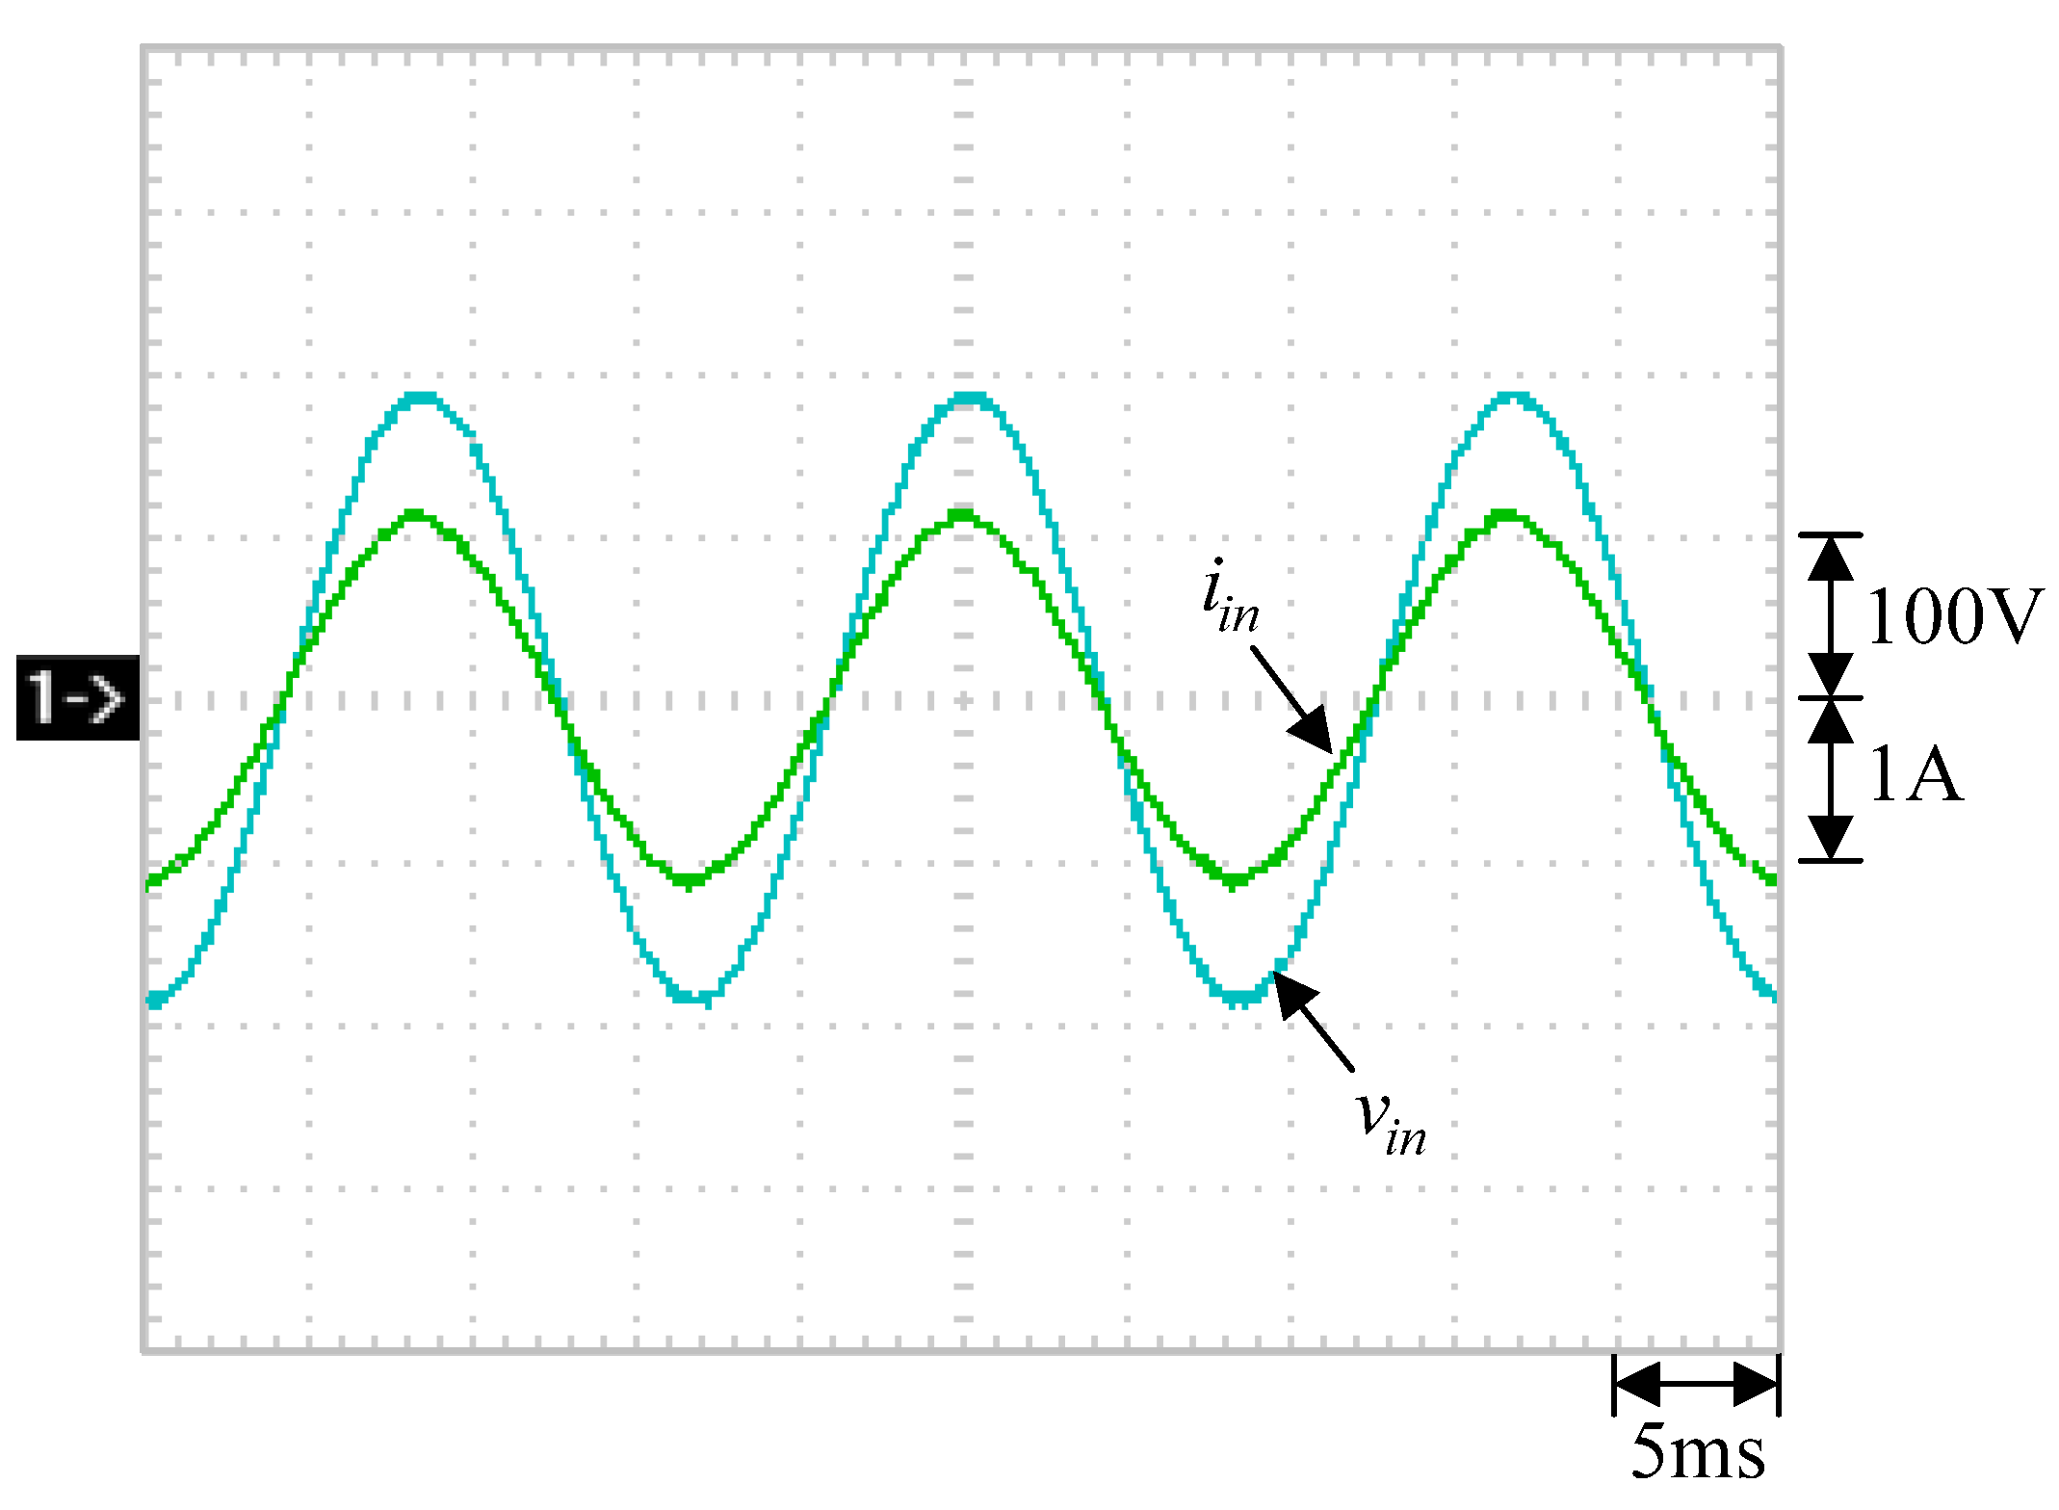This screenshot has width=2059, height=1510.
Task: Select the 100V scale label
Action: [1953, 616]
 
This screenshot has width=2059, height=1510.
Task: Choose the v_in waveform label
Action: [1391, 1122]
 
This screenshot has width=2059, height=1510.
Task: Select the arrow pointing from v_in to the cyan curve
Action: [1314, 1020]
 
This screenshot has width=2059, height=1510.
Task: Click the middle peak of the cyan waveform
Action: [968, 397]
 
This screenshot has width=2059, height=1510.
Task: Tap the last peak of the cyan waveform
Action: [1514, 397]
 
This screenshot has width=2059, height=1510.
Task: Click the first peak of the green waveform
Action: [416, 515]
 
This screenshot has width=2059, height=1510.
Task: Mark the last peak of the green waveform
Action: [1508, 515]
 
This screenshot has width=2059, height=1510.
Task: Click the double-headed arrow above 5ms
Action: [1696, 1384]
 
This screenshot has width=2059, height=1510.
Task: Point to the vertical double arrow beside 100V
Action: [1830, 616]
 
